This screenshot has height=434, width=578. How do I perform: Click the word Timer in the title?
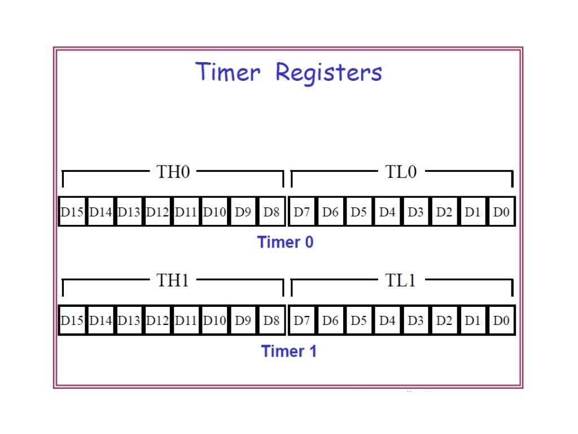click(228, 73)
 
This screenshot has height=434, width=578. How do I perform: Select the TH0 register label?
click(173, 172)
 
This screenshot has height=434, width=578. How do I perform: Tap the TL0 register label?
click(401, 172)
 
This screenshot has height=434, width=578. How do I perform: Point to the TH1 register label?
click(173, 280)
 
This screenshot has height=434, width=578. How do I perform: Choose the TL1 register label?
click(401, 280)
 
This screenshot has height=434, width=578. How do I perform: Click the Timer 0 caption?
click(286, 242)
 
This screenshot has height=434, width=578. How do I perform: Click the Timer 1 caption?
click(289, 351)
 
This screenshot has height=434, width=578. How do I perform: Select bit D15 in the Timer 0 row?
click(72, 212)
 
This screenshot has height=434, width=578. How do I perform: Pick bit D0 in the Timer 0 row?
click(501, 212)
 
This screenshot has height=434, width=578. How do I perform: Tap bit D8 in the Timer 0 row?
click(272, 212)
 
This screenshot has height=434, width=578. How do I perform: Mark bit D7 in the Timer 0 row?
click(302, 212)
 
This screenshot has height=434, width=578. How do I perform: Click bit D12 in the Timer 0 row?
click(158, 212)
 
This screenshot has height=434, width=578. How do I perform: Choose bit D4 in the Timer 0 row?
click(387, 212)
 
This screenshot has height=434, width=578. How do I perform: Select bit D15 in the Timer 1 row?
click(72, 321)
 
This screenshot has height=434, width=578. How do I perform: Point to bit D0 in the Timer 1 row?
click(501, 321)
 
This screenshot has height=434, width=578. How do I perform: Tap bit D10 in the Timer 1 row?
click(215, 321)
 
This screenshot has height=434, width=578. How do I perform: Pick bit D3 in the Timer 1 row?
click(415, 321)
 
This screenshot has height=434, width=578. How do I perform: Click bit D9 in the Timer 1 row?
click(243, 321)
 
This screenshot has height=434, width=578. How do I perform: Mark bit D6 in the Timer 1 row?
click(330, 321)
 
